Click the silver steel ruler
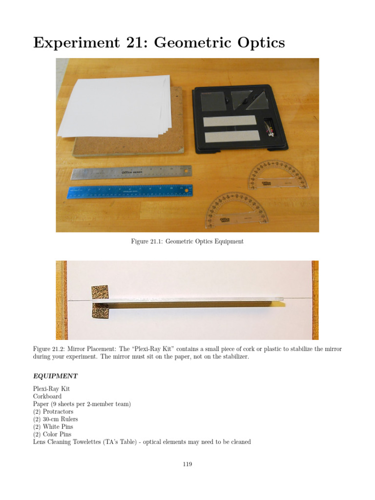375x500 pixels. pyautogui.click(x=131, y=172)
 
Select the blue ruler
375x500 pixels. pyautogui.click(x=130, y=191)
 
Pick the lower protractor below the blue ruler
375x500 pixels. pyautogui.click(x=236, y=210)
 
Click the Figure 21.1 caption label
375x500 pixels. pyautogui.click(x=146, y=242)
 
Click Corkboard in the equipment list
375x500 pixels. pyautogui.click(x=47, y=396)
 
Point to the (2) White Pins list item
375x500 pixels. pyautogui.click(x=52, y=427)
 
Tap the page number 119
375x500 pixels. pyautogui.click(x=187, y=464)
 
